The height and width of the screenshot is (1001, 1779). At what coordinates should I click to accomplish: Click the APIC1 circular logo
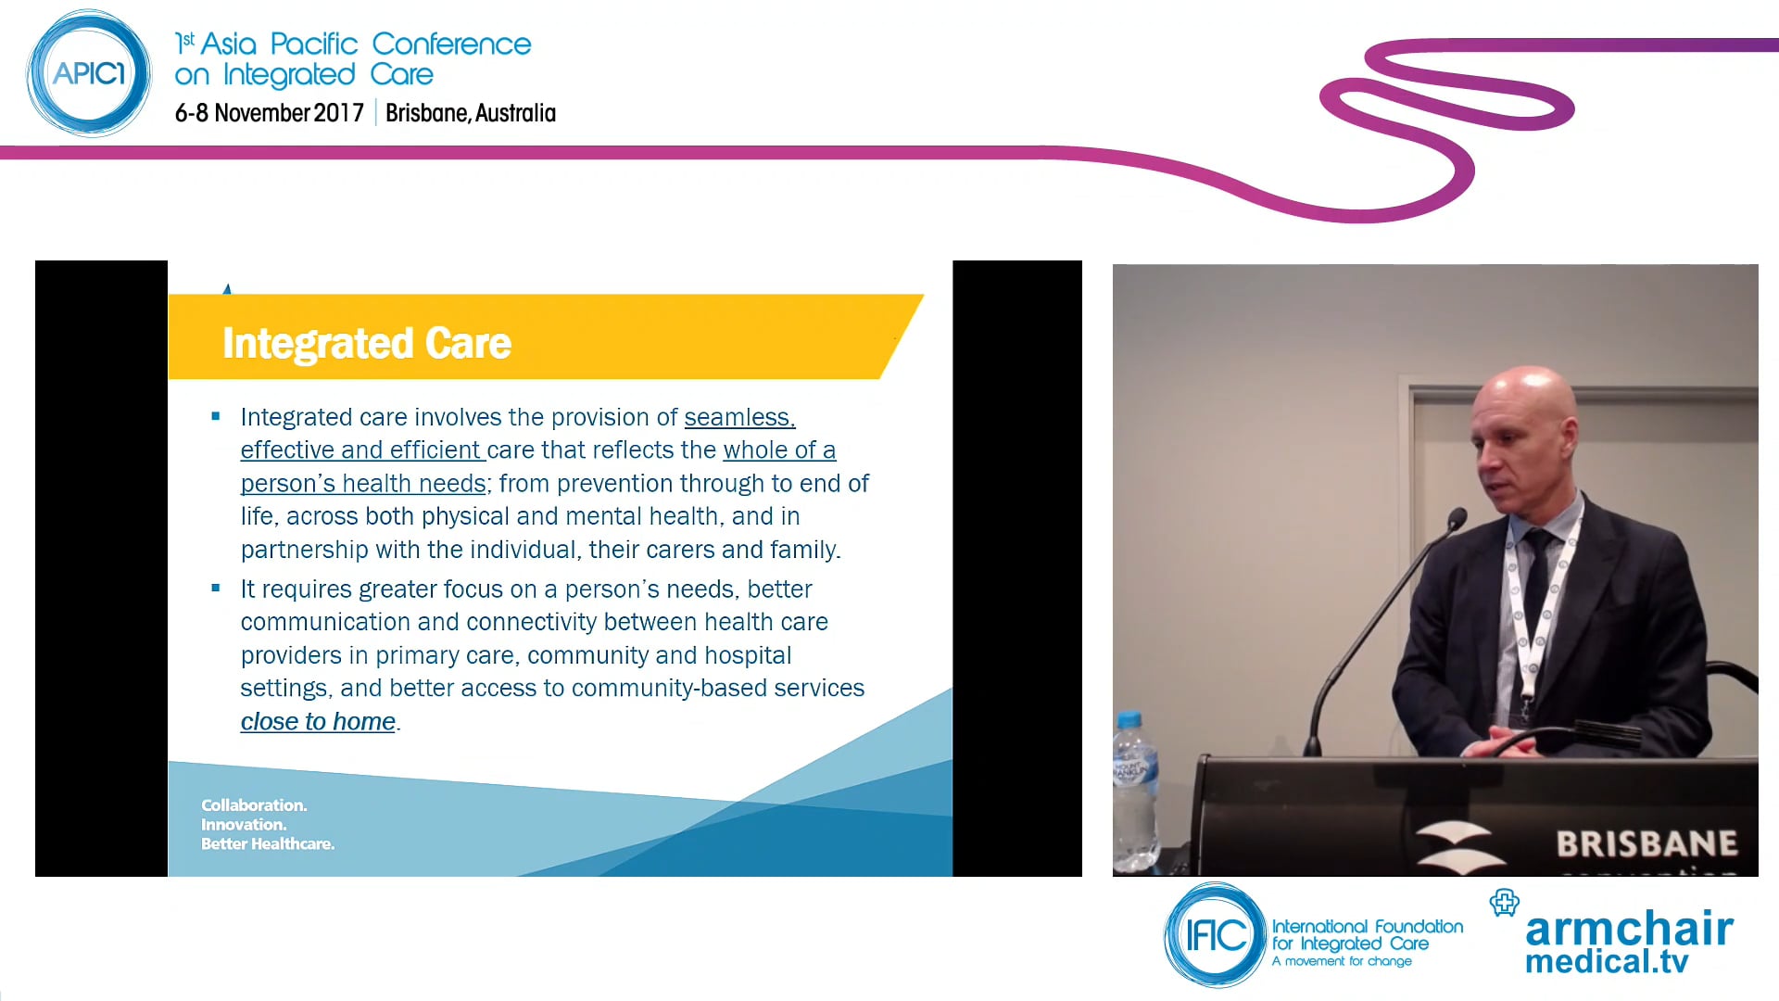[x=89, y=73]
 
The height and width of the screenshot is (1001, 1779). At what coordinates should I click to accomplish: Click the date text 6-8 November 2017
[x=269, y=113]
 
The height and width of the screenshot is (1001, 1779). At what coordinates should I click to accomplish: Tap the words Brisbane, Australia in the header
[x=470, y=113]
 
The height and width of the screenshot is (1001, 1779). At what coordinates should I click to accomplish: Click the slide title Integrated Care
[x=366, y=343]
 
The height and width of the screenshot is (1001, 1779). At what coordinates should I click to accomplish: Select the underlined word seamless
[x=738, y=417]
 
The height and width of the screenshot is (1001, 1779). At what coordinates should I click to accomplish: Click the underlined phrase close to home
[x=318, y=721]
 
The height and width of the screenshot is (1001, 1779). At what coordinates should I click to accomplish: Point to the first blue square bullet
[x=216, y=417]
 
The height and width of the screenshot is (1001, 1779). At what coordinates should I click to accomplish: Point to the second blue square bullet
[x=216, y=589]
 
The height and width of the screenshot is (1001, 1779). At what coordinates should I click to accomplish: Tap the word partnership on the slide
[x=304, y=550]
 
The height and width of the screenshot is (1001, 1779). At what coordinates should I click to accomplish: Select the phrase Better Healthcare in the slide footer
[x=267, y=844]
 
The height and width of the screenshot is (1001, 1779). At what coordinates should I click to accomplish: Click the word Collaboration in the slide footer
[x=253, y=805]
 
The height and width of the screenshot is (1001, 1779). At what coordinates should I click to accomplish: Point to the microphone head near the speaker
[x=1457, y=519]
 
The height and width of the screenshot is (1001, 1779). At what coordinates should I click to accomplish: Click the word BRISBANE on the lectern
[x=1646, y=843]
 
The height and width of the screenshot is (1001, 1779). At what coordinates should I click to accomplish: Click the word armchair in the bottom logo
[x=1629, y=929]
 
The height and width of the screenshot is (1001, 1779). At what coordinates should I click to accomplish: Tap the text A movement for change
[x=1342, y=961]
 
